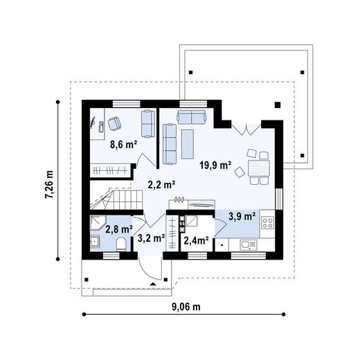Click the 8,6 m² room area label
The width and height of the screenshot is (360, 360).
pos(123,145)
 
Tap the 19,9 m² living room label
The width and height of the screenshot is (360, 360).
pos(215,165)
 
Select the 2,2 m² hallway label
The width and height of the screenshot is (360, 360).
pos(161,185)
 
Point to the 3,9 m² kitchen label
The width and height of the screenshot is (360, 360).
pos(242,216)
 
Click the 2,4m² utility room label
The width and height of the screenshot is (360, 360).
pos(197,241)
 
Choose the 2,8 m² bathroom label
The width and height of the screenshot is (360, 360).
pos(119,229)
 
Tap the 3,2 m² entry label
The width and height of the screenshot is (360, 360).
pos(151,238)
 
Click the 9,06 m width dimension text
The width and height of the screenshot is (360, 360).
pos(186,307)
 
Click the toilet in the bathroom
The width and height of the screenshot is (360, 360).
pos(121,244)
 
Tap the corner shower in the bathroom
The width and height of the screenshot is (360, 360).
pos(98,224)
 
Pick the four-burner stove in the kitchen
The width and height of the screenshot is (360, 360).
pos(268,223)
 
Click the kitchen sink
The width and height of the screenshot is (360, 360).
pos(249,245)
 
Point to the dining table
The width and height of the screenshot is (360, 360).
pos(258,168)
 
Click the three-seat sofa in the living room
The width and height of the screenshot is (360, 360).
pos(170,144)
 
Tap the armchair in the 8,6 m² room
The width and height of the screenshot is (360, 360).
pos(114,123)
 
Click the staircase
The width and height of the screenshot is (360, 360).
pos(116,199)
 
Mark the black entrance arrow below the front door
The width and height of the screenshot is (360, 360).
pos(153,285)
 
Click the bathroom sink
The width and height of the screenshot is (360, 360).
pos(95,242)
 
